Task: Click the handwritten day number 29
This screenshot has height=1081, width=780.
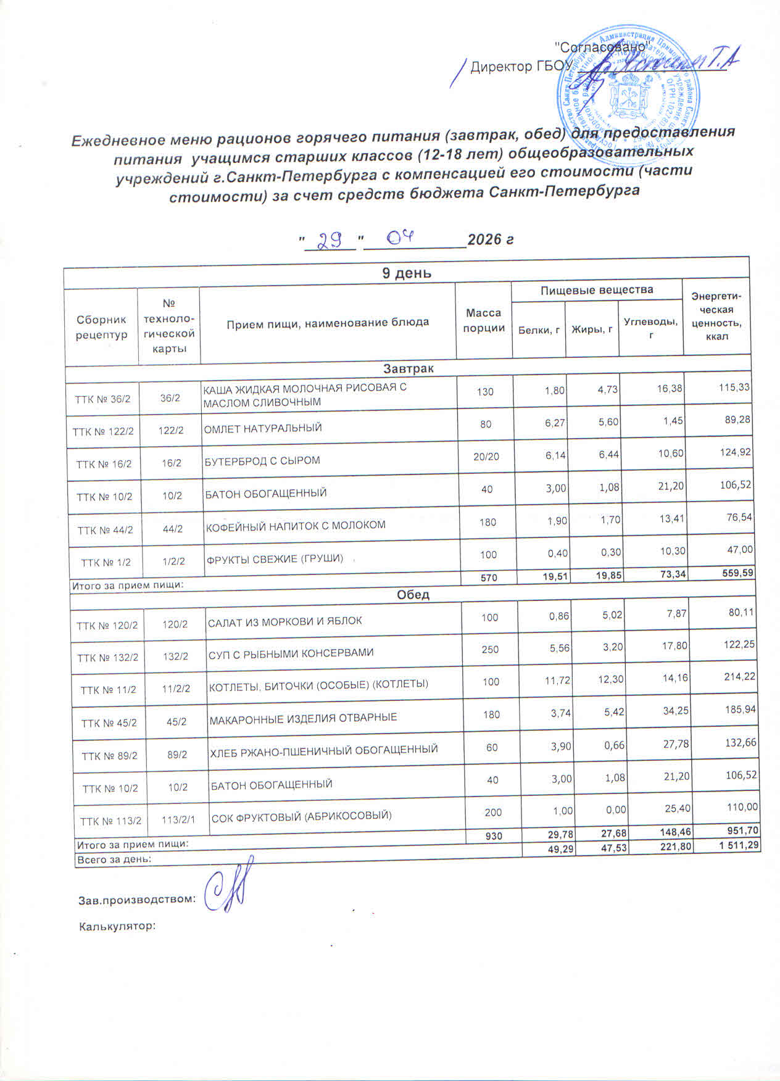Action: coord(331,239)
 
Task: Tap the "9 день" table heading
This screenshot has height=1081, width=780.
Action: coord(406,273)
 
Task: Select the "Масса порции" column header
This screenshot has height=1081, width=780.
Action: coord(484,321)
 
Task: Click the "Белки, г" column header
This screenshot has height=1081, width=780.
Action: coord(539,329)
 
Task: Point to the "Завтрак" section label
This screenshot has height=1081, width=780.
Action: coord(408,368)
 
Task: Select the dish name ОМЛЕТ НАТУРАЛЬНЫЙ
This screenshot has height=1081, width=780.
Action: coord(263,428)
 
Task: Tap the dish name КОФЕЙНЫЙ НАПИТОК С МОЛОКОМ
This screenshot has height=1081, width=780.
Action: coord(296,526)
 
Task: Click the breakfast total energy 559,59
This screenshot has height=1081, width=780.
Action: coord(737,573)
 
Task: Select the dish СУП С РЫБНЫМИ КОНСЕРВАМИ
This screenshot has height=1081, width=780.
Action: coord(291,653)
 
